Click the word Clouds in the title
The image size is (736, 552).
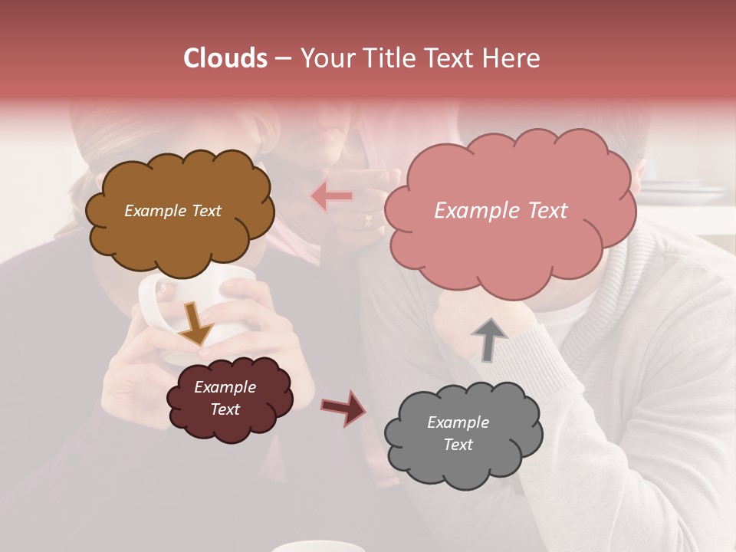point(225,58)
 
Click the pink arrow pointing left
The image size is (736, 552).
point(331,197)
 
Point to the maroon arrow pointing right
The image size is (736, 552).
point(343,407)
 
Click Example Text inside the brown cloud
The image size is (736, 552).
point(172,211)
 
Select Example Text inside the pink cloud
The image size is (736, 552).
point(501,211)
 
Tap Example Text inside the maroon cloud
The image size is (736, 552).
point(225,398)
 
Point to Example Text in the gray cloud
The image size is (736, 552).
point(458,433)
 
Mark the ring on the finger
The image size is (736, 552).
point(369,221)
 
